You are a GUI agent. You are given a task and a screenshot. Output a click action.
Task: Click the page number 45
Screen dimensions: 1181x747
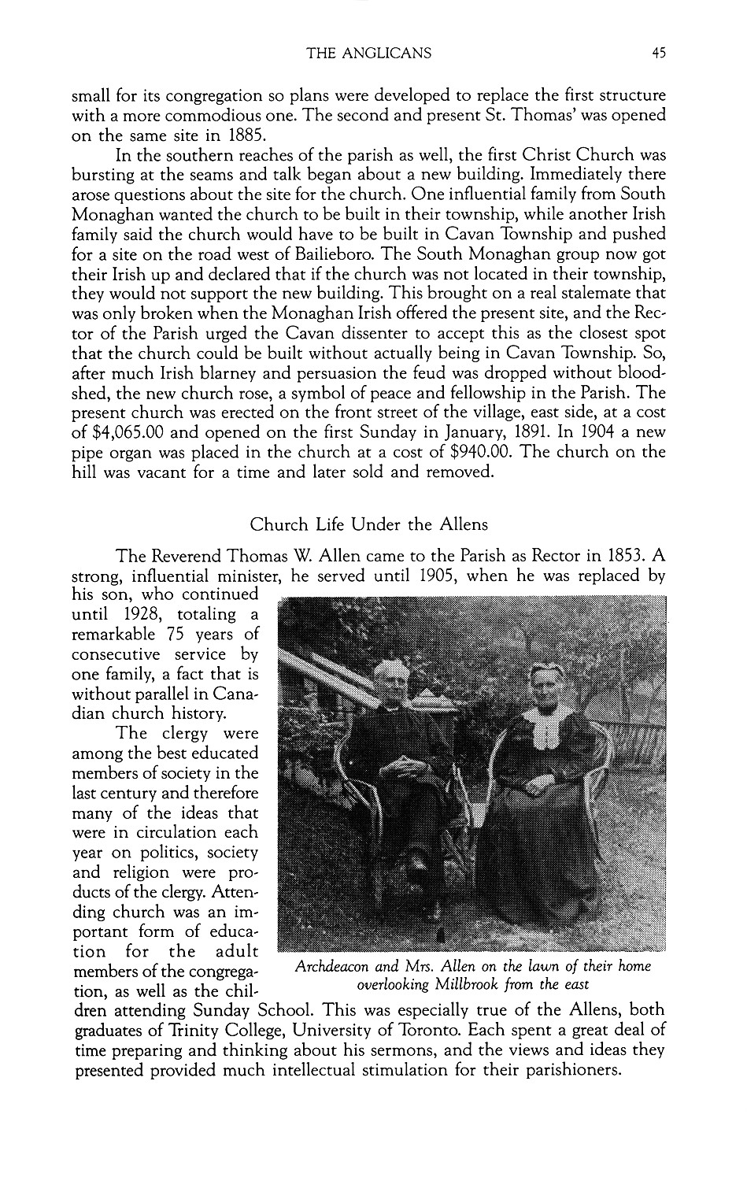tap(659, 54)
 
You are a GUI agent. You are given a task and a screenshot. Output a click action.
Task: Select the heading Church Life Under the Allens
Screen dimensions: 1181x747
tap(368, 524)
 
